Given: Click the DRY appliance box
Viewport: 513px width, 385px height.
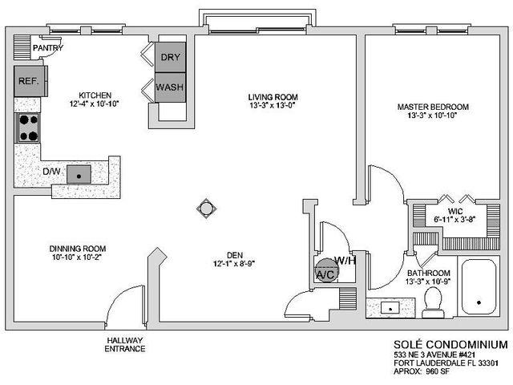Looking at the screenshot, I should click(170, 58).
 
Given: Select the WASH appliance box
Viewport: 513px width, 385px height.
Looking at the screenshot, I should click(170, 87).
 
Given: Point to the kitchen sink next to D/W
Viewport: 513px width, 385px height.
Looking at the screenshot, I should click(79, 172).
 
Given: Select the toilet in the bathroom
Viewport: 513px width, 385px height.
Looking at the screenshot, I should click(435, 301).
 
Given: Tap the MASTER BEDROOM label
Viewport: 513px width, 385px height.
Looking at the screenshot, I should click(432, 107).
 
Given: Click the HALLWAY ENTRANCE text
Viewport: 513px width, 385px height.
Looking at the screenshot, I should click(125, 344).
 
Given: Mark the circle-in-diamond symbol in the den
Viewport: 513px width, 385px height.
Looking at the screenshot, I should click(206, 209).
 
